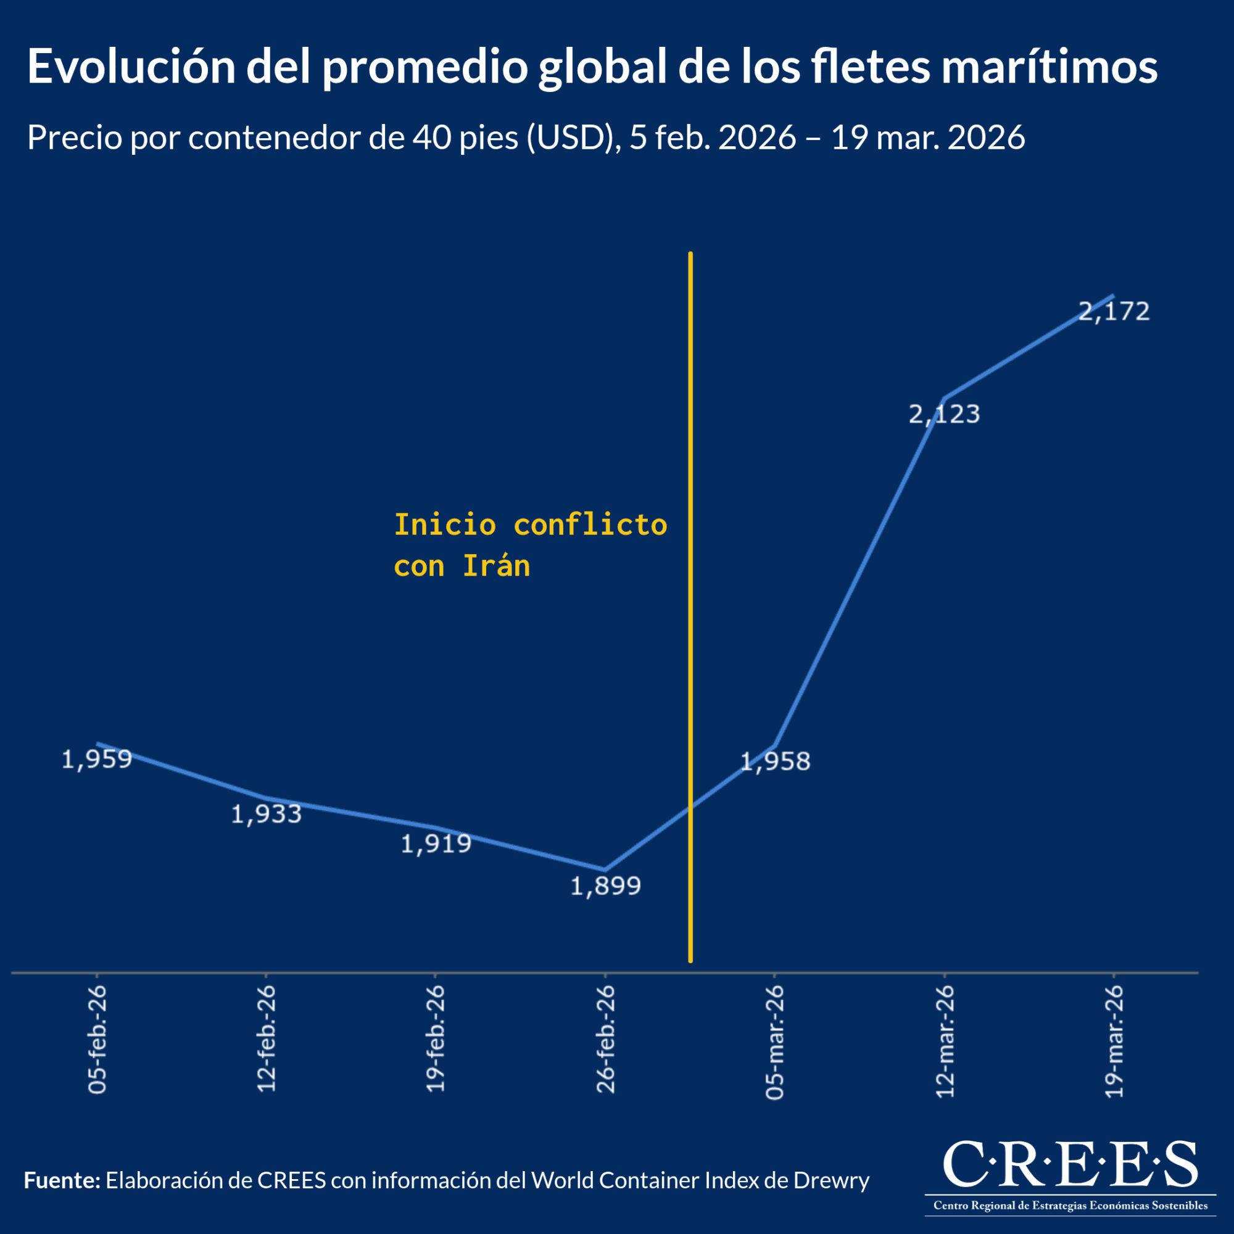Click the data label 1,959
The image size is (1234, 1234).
tap(96, 760)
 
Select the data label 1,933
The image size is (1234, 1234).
tap(266, 814)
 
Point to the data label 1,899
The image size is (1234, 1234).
tap(605, 887)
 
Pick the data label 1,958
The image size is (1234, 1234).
tap(775, 761)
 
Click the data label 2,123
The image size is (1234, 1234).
tap(944, 415)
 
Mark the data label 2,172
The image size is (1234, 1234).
tap(1114, 311)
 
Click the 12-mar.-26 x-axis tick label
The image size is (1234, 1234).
tap(945, 1041)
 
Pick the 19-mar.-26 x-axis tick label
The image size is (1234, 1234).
tap(1114, 1041)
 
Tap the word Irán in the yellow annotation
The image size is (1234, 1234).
tap(496, 566)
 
